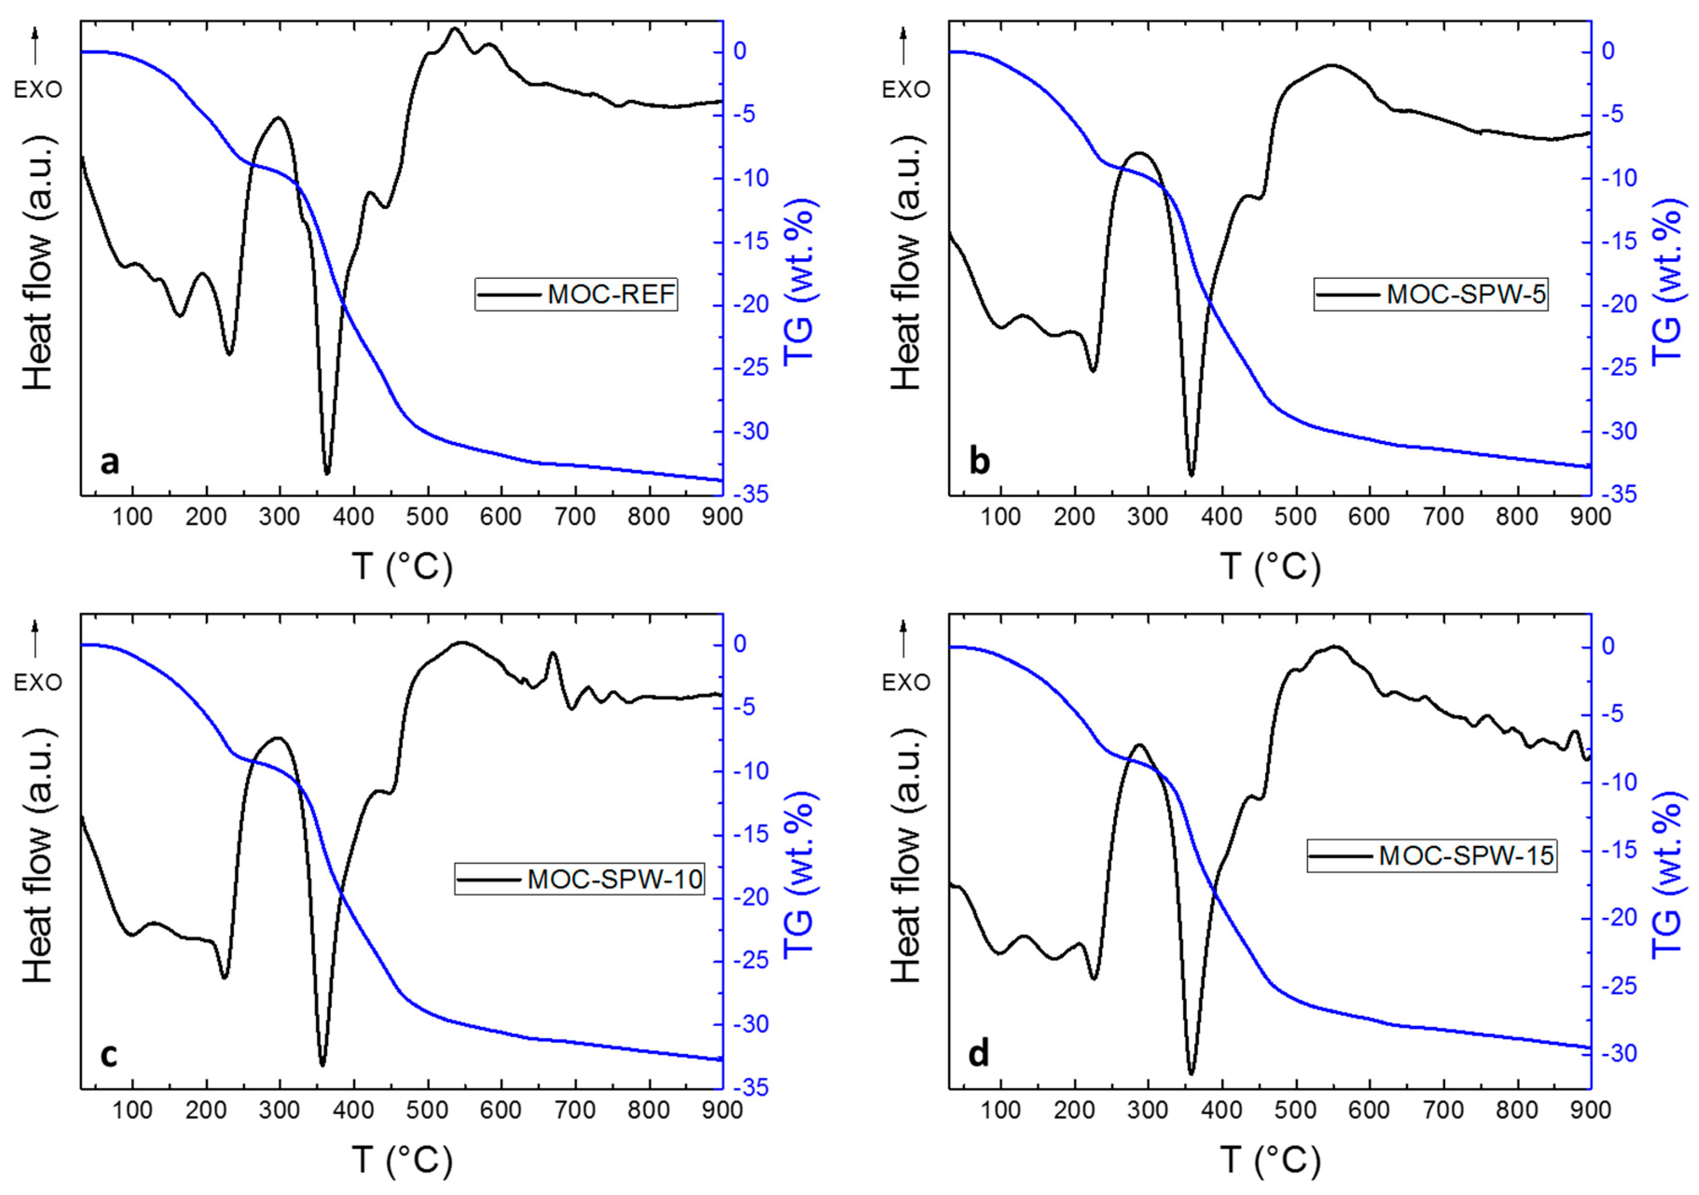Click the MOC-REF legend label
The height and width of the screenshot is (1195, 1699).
point(611,295)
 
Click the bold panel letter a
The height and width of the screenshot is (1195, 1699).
point(110,463)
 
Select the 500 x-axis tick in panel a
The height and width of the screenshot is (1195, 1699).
point(428,517)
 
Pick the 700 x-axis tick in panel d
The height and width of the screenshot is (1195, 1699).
point(1443,1110)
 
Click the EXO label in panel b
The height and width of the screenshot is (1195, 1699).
point(906,90)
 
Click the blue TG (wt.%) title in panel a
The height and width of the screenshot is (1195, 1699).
point(798,281)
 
